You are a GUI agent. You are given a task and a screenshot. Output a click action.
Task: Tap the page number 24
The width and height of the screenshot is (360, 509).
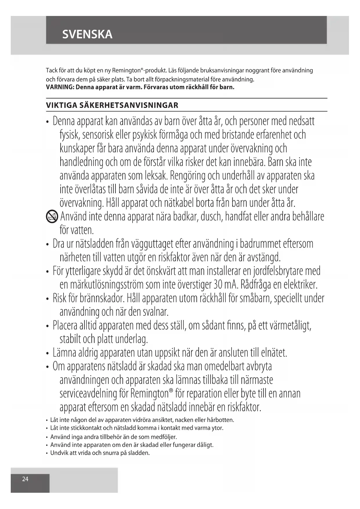coord(25,479)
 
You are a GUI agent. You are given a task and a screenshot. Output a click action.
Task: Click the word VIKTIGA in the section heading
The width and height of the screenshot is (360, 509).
coord(61,105)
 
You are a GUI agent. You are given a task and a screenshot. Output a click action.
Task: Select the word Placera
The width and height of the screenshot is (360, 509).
coord(65,326)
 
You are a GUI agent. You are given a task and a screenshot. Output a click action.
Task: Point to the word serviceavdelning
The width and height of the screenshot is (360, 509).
coord(88,394)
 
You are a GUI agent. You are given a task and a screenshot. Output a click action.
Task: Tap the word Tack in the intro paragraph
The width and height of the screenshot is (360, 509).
coord(52,71)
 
